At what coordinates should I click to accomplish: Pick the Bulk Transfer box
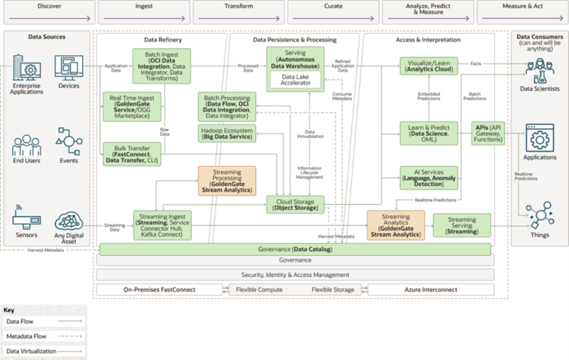132,154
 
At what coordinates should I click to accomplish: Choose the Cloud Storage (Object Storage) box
296,204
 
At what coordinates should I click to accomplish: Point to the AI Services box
428,177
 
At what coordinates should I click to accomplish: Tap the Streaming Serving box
462,223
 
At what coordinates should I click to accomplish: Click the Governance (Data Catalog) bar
296,249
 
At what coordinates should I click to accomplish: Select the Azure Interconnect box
430,289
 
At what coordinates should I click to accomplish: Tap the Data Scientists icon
540,73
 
